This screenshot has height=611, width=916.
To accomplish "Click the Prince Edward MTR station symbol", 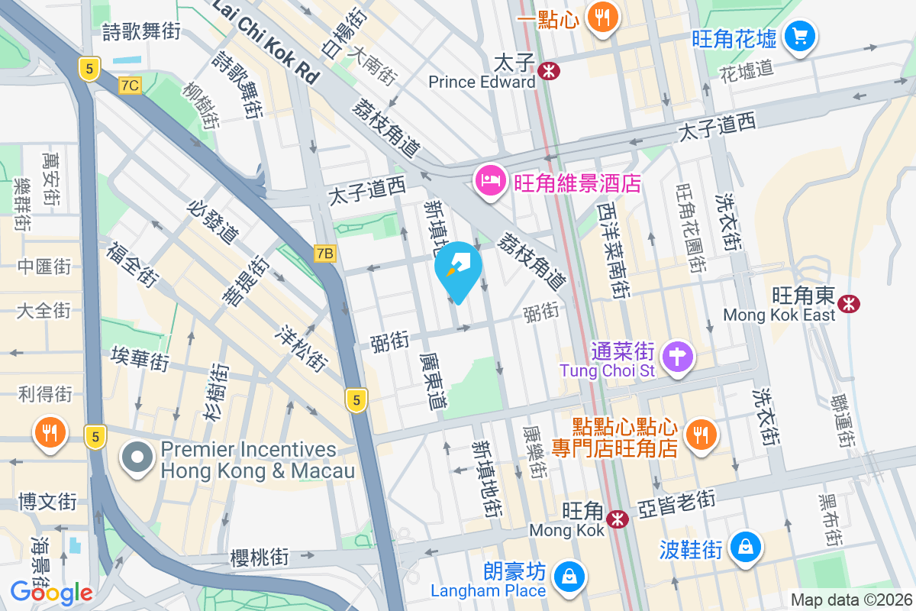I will pyautogui.click(x=548, y=71).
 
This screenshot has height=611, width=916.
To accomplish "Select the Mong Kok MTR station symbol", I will pyautogui.click(x=617, y=519).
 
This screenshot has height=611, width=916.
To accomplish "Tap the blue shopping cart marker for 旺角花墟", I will pyautogui.click(x=799, y=36).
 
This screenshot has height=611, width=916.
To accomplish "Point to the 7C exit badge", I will pyautogui.click(x=130, y=85).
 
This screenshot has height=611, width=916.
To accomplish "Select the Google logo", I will pyautogui.click(x=51, y=592).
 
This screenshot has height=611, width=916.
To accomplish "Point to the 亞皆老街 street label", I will pyautogui.click(x=677, y=503).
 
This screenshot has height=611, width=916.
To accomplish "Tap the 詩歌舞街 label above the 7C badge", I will pyautogui.click(x=141, y=32).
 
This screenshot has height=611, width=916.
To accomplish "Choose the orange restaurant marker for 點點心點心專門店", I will pyautogui.click(x=699, y=435).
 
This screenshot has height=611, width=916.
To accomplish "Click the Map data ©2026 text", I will pyautogui.click(x=850, y=600).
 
